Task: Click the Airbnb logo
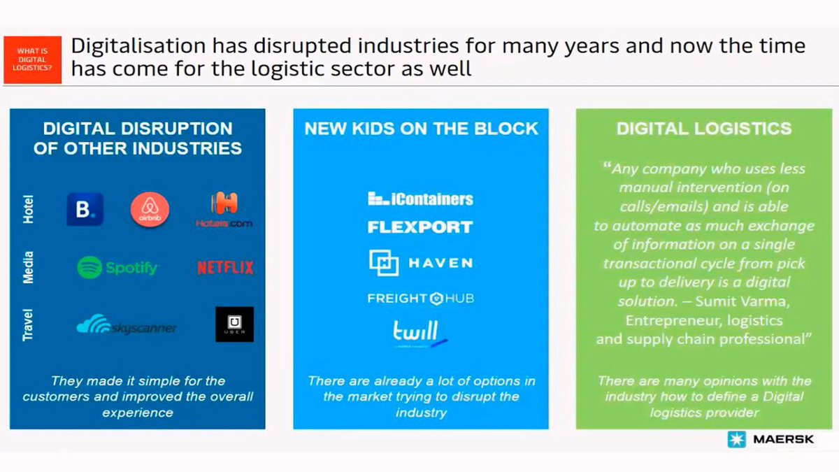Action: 150,209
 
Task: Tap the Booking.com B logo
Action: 85,209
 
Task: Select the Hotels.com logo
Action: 224,209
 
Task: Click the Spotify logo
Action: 118,267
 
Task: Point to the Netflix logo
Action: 225,267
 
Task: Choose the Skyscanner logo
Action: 127,324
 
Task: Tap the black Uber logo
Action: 234,324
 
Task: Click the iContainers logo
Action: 420,199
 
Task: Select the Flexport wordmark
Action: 420,227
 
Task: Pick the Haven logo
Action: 420,263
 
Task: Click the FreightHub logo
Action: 420,299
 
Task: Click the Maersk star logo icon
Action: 736,440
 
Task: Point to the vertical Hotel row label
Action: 29,209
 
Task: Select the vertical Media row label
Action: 29,267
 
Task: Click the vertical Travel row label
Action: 29,324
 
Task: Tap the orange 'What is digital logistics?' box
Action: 34,59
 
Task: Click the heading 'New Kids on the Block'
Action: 421,129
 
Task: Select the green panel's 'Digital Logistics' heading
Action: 704,129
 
